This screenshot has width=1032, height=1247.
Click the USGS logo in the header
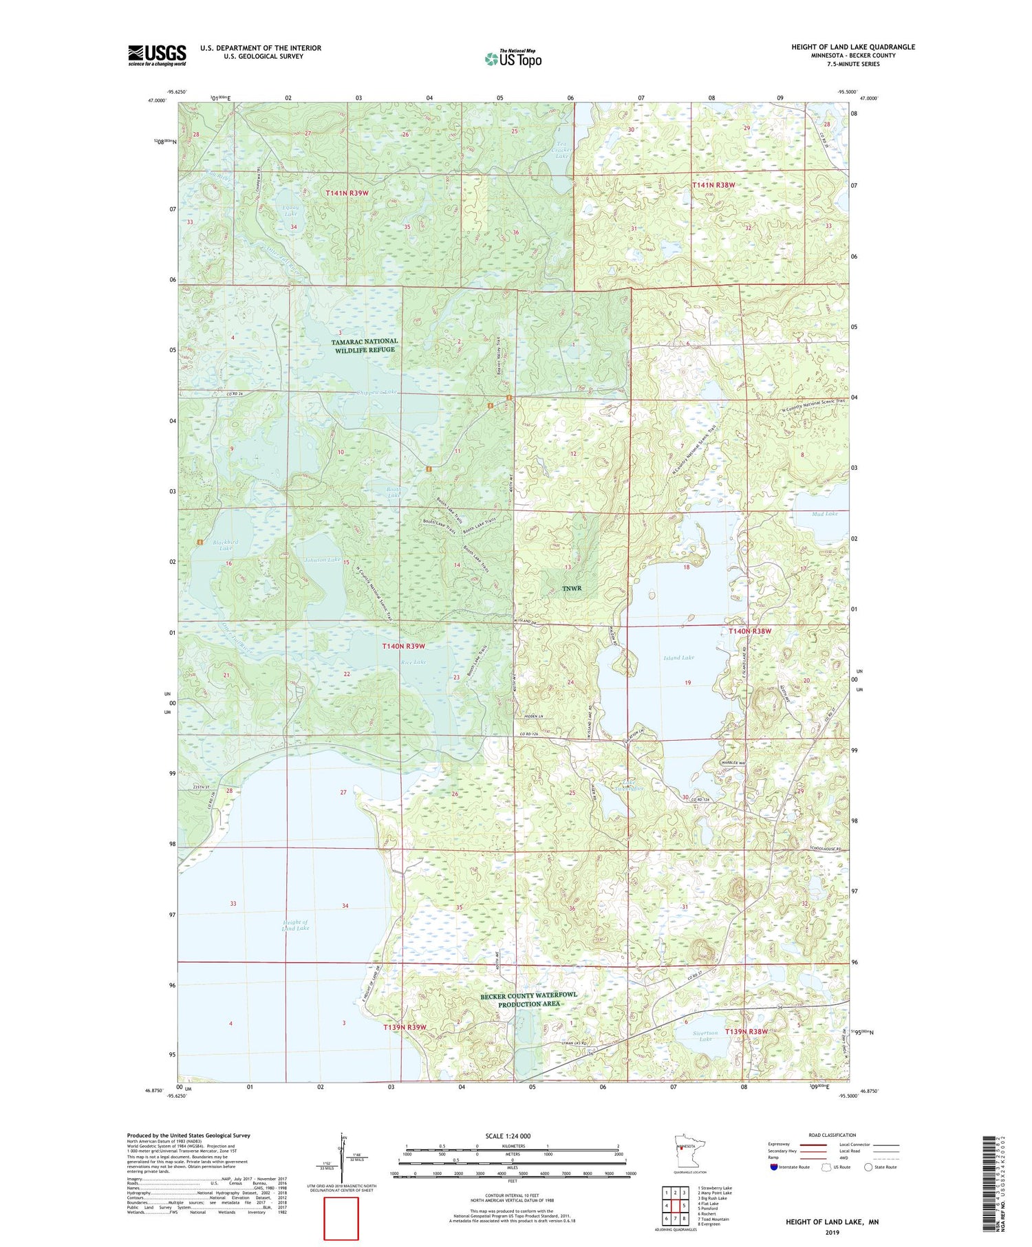157,55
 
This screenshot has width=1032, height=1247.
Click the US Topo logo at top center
513,58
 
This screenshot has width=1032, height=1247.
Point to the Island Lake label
678,658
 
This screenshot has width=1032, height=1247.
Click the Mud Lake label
824,514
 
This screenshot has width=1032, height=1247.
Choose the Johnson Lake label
322,560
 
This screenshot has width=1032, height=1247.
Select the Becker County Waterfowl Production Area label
529,999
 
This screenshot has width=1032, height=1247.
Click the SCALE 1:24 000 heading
512,1136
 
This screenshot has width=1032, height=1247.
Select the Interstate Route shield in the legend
774,1167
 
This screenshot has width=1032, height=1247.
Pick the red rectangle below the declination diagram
341,1218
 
